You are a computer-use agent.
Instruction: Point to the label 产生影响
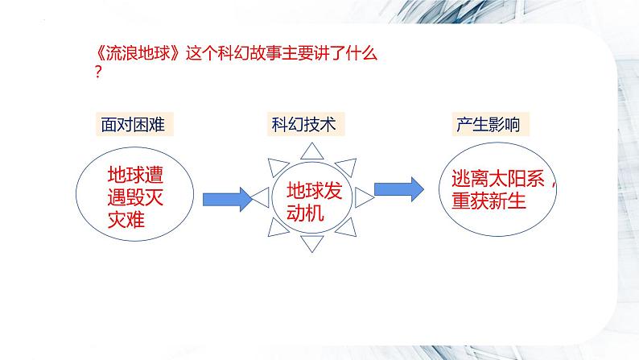pos(488,125)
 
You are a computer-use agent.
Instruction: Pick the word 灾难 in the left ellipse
pos(126,219)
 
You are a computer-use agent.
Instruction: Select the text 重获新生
pos(488,201)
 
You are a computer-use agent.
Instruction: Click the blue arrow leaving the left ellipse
pos(227,198)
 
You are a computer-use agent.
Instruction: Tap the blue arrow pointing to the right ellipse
pos(400,188)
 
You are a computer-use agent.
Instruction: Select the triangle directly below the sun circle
pos(312,242)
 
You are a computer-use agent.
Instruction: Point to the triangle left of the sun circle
pos(262,196)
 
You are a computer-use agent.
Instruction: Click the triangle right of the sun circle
pos(363,196)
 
